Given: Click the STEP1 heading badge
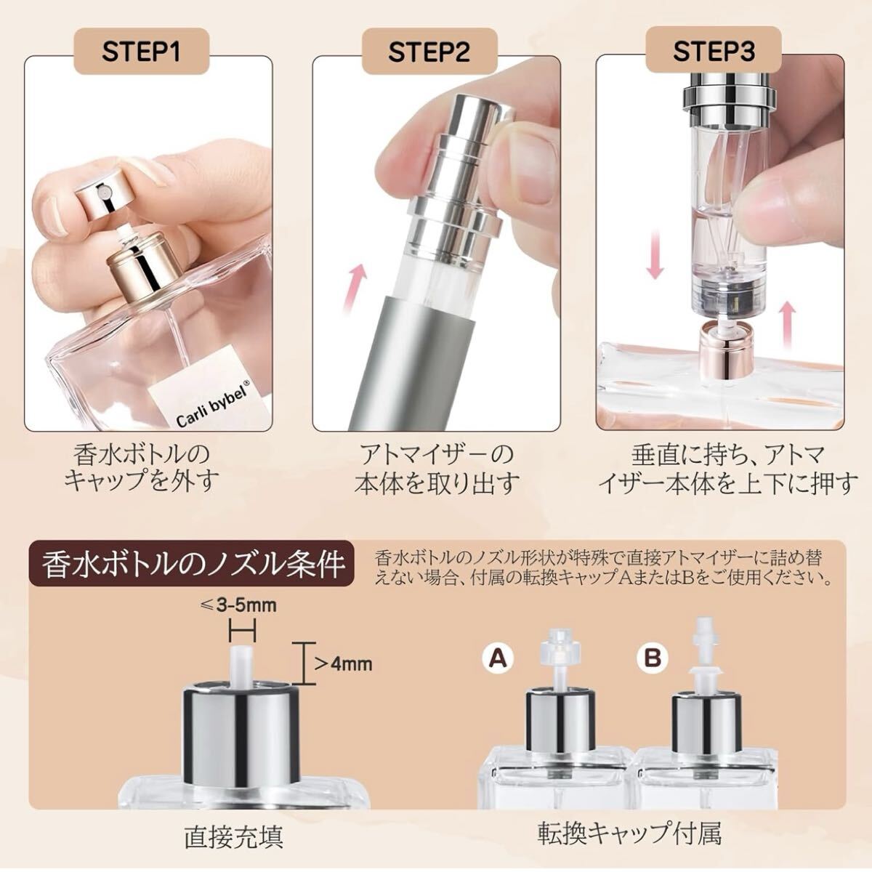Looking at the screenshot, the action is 141,51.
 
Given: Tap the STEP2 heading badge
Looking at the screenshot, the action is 429,51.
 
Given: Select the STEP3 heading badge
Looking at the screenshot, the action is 713,50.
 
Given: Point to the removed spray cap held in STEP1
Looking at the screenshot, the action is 105,195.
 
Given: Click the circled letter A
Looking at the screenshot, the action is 498,659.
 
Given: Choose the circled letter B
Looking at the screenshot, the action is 653,659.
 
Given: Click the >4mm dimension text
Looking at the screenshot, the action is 343,664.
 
